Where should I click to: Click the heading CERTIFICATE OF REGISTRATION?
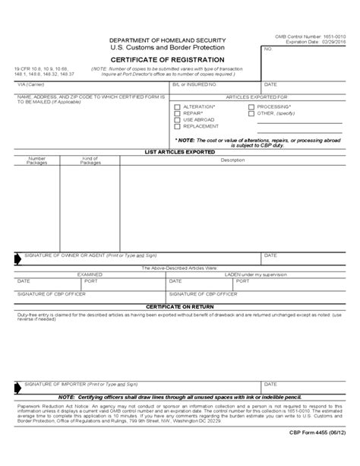click(167, 59)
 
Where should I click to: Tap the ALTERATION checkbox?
click(177, 107)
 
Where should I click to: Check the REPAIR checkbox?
click(177, 113)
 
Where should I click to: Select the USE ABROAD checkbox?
click(177, 120)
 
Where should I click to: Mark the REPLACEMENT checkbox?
click(177, 126)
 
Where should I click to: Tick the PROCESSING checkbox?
click(251, 107)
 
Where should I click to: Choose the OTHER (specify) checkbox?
click(251, 113)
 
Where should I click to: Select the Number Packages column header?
click(37, 161)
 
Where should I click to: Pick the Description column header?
click(228, 160)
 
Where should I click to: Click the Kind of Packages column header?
click(90, 161)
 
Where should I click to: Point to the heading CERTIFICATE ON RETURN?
click(178, 306)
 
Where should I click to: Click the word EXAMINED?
click(88, 274)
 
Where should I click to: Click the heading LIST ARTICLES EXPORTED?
click(178, 152)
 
